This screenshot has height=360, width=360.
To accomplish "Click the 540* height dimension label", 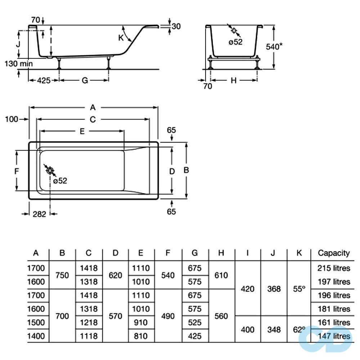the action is (274, 46).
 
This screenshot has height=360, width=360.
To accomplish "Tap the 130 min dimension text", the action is (19, 63).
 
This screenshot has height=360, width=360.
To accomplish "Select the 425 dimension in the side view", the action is (44, 80).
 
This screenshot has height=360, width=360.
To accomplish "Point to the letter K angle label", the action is (121, 38).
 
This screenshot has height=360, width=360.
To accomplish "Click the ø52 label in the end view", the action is (235, 42).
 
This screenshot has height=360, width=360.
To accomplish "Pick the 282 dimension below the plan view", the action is (40, 214).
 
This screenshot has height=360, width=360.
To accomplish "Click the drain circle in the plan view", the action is (50, 171).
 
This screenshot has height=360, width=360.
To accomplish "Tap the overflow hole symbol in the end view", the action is (234, 30).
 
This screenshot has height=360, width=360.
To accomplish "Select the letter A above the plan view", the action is (93, 107).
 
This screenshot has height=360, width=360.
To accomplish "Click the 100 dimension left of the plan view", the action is (12, 119).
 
